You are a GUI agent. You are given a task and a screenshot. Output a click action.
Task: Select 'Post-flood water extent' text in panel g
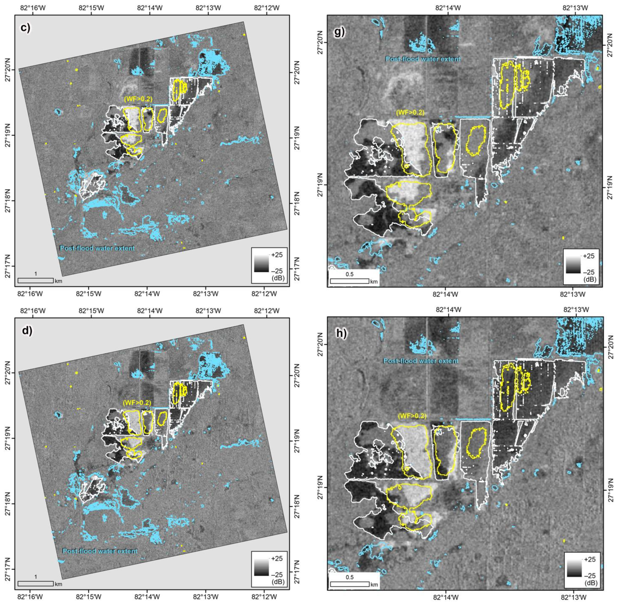point(423,59)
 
